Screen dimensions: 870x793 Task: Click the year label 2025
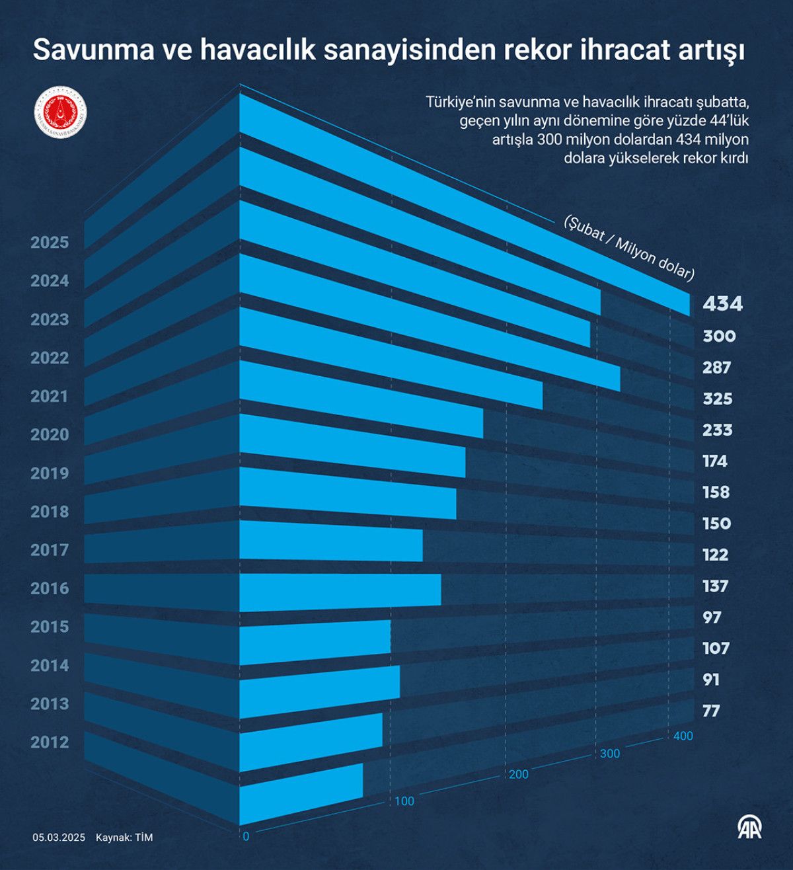[x=50, y=243]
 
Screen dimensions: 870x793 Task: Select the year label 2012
[x=50, y=742]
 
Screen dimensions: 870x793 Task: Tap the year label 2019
[x=50, y=473]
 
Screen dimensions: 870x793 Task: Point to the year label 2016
[x=50, y=588]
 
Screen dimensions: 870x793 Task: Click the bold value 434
[x=722, y=304]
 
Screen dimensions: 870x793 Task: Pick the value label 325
[x=717, y=399]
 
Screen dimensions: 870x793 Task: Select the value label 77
[x=711, y=711]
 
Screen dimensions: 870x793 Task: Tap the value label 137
[x=715, y=586]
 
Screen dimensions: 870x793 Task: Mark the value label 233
[x=717, y=430]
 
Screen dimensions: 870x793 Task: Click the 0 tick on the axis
[x=246, y=836]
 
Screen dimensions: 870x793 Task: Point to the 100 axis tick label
[x=404, y=801]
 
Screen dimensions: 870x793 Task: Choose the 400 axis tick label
[x=683, y=736]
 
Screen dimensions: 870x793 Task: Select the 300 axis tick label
[x=610, y=754]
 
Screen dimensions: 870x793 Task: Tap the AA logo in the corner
[x=749, y=828]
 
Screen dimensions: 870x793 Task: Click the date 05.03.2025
[x=59, y=838]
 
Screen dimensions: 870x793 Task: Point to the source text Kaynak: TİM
[x=124, y=838]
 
